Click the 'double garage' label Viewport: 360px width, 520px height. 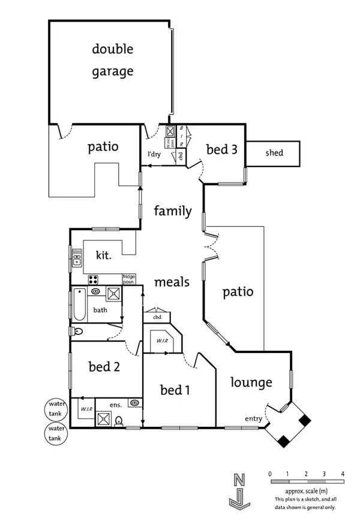(x=113, y=60)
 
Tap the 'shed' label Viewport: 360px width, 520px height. (x=274, y=153)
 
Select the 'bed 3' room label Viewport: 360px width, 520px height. (x=221, y=150)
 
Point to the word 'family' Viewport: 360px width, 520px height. (x=173, y=211)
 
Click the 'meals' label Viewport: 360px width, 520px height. (x=172, y=282)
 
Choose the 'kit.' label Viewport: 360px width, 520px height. (x=104, y=256)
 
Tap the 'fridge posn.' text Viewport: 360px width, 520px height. (x=130, y=279)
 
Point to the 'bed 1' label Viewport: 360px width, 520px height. (x=175, y=390)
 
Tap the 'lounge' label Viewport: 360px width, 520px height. (x=252, y=382)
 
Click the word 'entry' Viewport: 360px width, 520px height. (x=253, y=419)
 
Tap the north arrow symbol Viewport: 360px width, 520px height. (x=239, y=489)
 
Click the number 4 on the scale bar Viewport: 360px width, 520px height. (x=343, y=474)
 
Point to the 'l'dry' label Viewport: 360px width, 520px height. (x=154, y=154)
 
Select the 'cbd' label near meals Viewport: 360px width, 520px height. (x=157, y=316)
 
